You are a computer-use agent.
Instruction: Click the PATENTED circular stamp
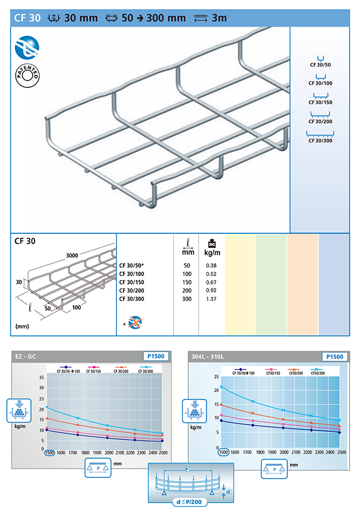[27, 76]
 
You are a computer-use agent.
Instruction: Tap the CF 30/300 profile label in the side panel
[320, 140]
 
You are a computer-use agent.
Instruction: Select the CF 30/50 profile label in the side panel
[320, 65]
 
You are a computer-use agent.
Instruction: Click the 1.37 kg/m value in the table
[211, 299]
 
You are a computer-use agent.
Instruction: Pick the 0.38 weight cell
[211, 265]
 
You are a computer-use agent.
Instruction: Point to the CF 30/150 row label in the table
[131, 282]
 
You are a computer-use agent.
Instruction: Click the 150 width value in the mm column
[187, 282]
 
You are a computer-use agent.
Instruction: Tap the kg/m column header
[212, 252]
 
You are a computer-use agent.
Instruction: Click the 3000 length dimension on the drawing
[72, 256]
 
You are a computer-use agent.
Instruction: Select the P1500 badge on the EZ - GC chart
[156, 356]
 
